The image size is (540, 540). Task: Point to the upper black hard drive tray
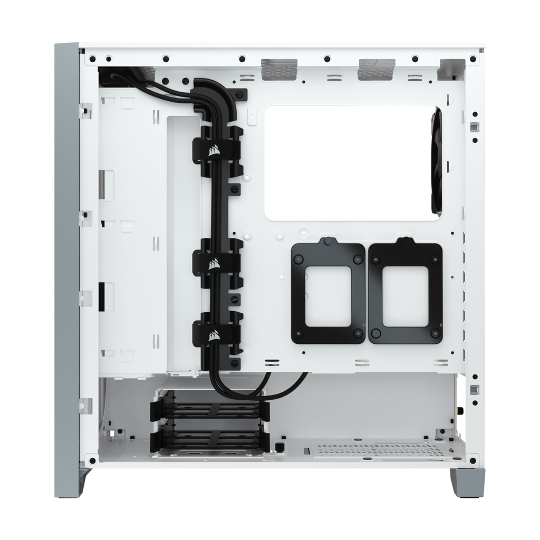pyautogui.click(x=210, y=409)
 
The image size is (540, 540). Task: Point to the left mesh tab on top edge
pyautogui.click(x=279, y=69)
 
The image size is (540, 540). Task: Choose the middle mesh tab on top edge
pyautogui.click(x=376, y=69)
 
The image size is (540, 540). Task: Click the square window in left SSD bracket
pyautogui.click(x=328, y=296)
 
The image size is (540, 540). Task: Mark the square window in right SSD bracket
pyautogui.click(x=406, y=296)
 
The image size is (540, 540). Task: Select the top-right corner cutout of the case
pyautogui.click(x=452, y=69)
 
